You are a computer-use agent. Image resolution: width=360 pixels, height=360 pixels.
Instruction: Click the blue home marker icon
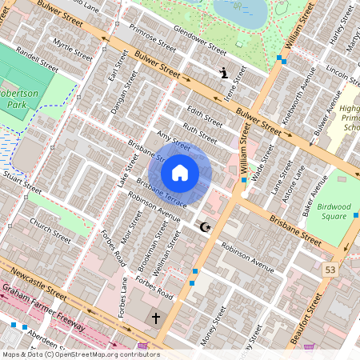180,172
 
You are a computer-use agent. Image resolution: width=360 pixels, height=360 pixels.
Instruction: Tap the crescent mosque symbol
205,227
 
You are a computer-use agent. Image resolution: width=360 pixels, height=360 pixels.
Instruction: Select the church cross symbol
156,318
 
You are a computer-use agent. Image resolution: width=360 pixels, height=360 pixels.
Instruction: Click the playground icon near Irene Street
225,73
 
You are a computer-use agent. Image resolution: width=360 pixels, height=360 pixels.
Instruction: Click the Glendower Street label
200,41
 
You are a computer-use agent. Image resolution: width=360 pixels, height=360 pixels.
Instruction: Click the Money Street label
216,333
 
